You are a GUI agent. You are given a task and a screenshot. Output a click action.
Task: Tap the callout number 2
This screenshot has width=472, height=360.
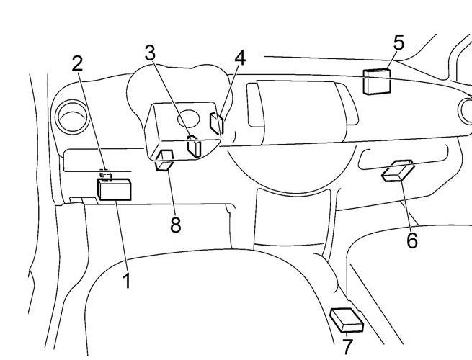coord(77,63)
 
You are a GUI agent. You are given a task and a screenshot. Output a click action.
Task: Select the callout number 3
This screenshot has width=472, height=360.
coord(150,53)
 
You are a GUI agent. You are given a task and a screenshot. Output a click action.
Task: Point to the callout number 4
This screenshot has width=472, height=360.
coord(239,57)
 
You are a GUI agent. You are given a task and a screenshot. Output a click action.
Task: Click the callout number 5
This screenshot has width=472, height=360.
coord(398,42)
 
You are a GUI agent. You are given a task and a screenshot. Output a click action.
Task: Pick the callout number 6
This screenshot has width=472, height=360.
coord(411,240)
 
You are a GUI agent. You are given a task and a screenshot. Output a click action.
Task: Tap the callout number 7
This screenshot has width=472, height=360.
coord(347,346)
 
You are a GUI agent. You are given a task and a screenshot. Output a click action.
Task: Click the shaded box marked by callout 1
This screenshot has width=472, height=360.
coord(115,189)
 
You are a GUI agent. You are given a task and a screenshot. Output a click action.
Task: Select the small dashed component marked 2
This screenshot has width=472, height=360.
coord(105,174)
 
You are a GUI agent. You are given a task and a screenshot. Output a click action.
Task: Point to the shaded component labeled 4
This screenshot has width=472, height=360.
coord(217,123)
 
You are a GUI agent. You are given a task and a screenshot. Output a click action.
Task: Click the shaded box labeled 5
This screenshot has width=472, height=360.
coord(377,81)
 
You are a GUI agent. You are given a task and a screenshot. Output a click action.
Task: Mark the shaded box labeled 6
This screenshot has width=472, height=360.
coord(398,171)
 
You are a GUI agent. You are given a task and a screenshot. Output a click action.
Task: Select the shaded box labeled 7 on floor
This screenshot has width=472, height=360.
coord(347,320)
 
